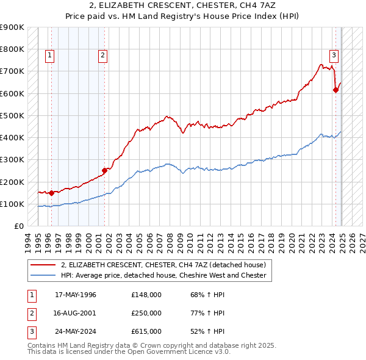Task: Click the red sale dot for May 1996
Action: pyautogui.click(x=51, y=193)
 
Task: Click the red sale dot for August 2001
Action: pyautogui.click(x=104, y=170)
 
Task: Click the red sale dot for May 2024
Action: pyautogui.click(x=335, y=90)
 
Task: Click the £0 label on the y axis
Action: pyautogui.click(x=19, y=226)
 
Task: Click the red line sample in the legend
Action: pyautogui.click(x=44, y=265)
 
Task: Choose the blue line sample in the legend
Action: pyautogui.click(x=44, y=275)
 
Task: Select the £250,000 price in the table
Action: pyautogui.click(x=146, y=313)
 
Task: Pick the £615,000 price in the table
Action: pyautogui.click(x=146, y=331)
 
